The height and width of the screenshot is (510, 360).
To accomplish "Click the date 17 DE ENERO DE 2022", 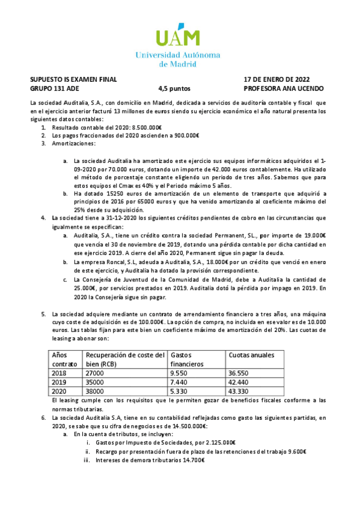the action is pyautogui.click(x=276, y=79).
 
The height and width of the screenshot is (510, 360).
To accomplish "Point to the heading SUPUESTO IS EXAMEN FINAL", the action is pyautogui.click(x=73, y=79).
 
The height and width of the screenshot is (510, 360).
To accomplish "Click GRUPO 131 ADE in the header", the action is pyautogui.click(x=54, y=88).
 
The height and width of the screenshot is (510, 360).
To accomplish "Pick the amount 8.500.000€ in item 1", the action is pyautogui.click(x=147, y=128).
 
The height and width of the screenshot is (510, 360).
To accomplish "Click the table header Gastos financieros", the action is pyautogui.click(x=187, y=360).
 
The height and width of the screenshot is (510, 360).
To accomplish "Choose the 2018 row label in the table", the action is pyautogui.click(x=61, y=372).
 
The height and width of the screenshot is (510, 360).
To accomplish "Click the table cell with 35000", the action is pyautogui.click(x=96, y=381).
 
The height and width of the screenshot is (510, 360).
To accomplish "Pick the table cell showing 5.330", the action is pyautogui.click(x=179, y=390).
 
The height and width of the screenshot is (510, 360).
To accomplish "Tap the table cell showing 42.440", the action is pyautogui.click(x=240, y=381).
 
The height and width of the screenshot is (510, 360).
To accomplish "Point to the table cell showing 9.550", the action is pyautogui.click(x=179, y=372).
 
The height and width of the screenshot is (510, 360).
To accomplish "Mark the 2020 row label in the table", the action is pyautogui.click(x=61, y=390).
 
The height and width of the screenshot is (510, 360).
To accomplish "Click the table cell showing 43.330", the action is pyautogui.click(x=240, y=390).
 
